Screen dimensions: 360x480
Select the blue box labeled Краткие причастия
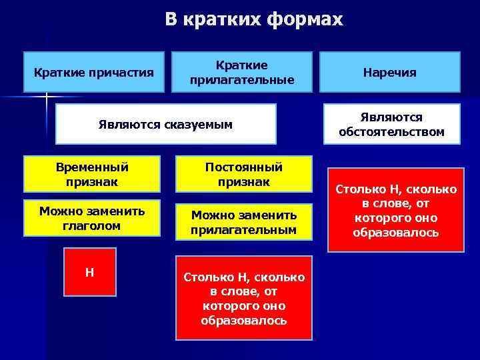pos(93,72)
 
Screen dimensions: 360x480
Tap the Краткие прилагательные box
pos(242,72)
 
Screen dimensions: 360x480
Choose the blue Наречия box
pos(390,72)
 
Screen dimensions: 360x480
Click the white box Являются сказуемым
pos(165,124)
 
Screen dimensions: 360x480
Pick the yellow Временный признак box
pos(92,174)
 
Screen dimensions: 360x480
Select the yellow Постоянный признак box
pos(243,174)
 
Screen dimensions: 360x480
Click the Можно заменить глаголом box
pos(92,218)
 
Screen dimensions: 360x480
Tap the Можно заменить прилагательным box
pos(243,222)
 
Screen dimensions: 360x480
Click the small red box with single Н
pos(89,271)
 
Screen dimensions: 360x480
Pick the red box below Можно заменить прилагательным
pos(243,298)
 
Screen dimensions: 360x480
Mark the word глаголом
pos(92,225)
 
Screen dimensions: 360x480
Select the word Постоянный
pos(243,167)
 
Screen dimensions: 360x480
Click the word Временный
pos(92,167)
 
